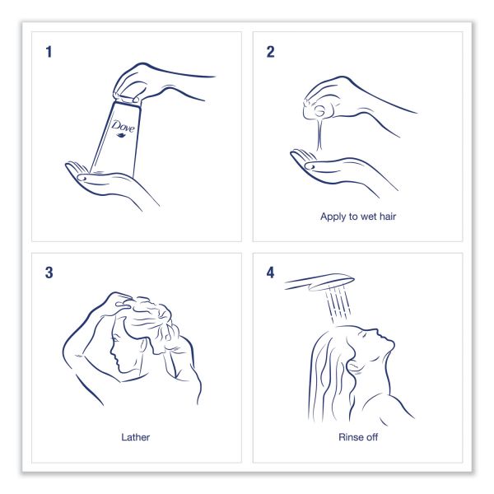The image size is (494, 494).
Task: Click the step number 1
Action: point(49,52)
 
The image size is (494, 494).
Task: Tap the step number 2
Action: point(270,52)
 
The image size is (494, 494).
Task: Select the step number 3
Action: point(49,273)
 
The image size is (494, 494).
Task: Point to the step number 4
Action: point(270,273)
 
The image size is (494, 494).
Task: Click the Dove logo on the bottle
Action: point(123,128)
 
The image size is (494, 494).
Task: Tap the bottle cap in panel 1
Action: point(128,99)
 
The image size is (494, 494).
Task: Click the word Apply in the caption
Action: point(333,217)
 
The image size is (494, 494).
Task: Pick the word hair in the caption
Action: point(387,216)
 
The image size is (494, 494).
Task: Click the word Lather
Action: point(136,437)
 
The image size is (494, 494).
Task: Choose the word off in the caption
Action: point(372,437)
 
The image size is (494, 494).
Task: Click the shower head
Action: point(319,282)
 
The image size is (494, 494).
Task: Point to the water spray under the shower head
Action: point(338,303)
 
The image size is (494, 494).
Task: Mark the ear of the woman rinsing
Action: point(352,366)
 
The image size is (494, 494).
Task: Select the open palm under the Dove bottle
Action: point(100,179)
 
